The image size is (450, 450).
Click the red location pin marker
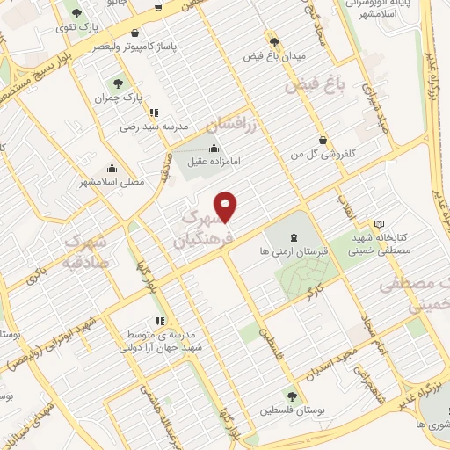(227, 207)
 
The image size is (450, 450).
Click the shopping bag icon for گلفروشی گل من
(324, 139)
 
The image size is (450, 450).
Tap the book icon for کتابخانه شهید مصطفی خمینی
(379, 223)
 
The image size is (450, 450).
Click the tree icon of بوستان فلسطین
(290, 396)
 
